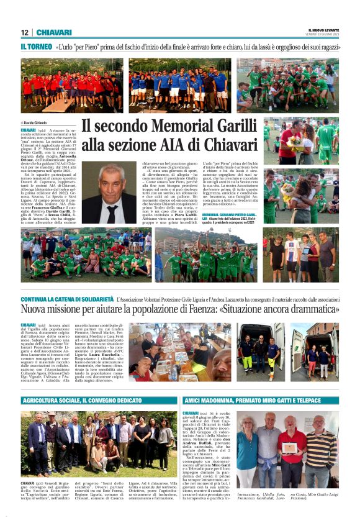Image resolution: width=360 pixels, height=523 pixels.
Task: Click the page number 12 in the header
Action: coord(24,32)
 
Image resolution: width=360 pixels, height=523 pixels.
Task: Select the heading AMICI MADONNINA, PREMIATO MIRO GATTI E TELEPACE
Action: coord(252,401)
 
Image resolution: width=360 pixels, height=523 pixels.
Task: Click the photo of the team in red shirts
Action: coord(71,86)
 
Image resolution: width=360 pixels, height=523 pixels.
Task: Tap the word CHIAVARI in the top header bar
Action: coord(54,32)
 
